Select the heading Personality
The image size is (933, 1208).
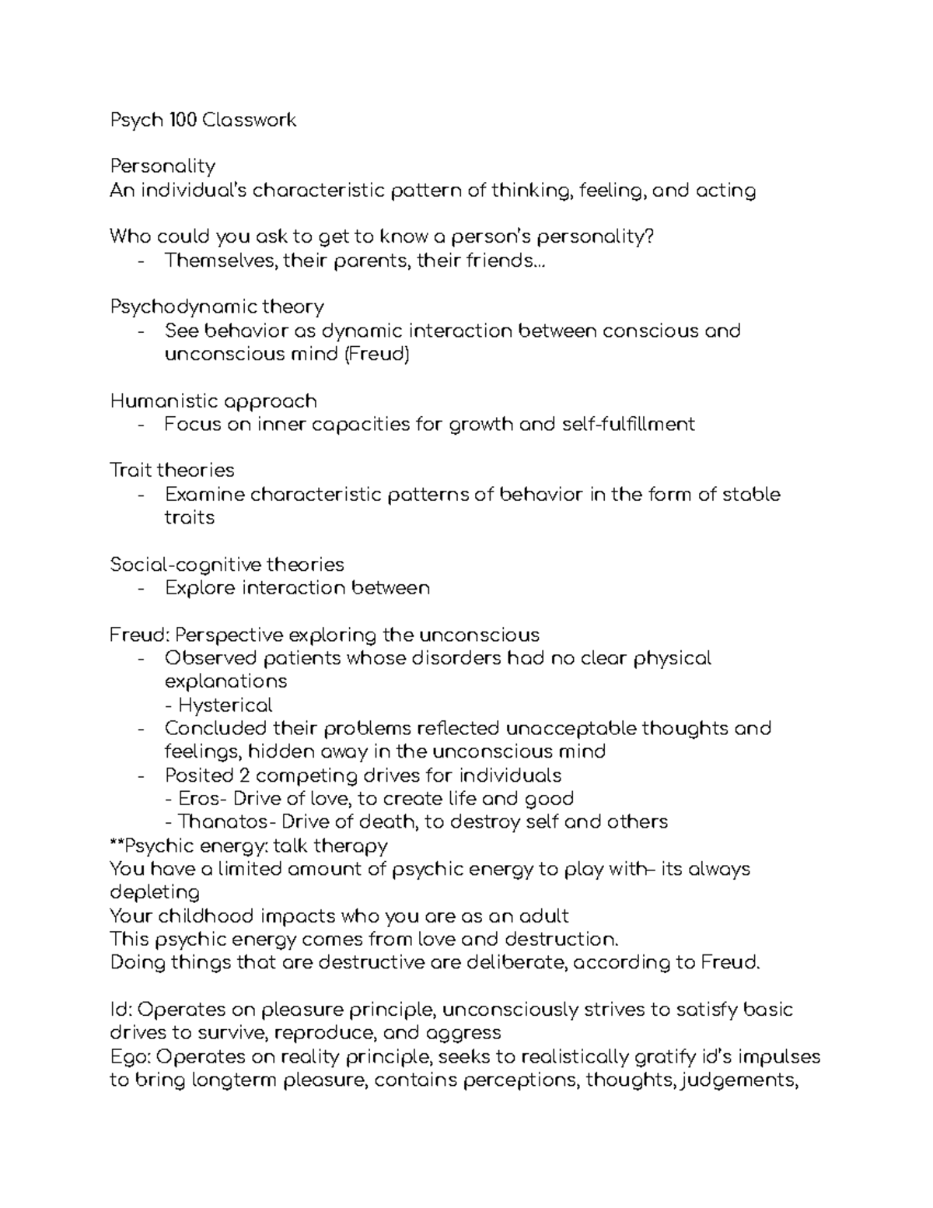[x=162, y=166]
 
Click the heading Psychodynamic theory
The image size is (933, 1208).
[x=217, y=307]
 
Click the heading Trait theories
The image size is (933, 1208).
[x=172, y=471]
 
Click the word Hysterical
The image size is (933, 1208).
[x=225, y=706]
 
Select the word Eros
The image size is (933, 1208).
[x=199, y=799]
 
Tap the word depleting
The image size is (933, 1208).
[x=155, y=892]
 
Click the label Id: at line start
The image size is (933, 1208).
[x=121, y=1010]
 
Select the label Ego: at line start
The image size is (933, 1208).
[x=129, y=1057]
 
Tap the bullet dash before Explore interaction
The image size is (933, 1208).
[x=140, y=589]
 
